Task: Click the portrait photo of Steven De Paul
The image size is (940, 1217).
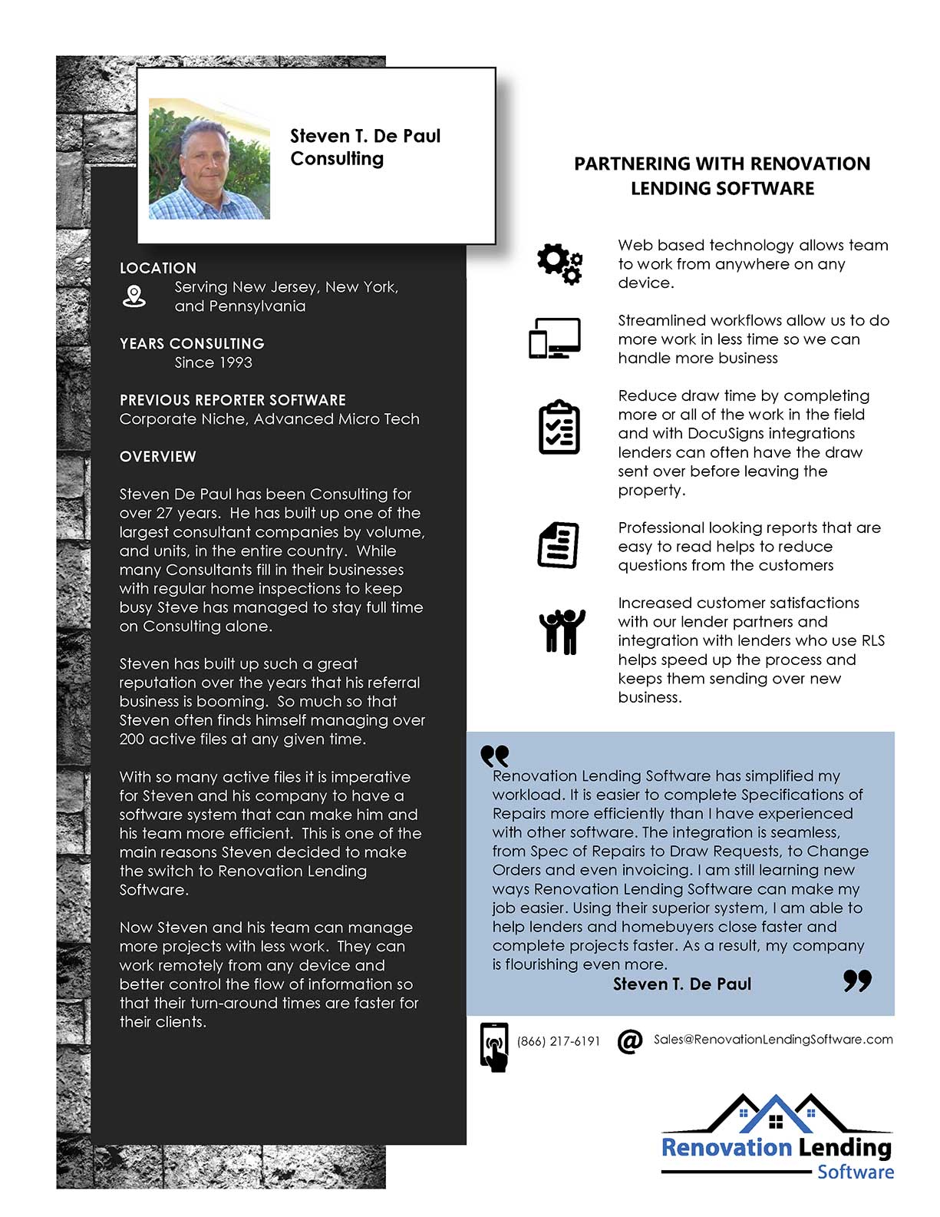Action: [209, 159]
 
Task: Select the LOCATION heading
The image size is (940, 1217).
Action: [158, 268]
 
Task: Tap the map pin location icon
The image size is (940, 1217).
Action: [134, 296]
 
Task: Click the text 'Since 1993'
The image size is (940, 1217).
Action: [213, 362]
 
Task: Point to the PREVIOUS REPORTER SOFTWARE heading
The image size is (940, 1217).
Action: [233, 400]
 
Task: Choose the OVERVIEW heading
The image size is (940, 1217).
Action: [158, 456]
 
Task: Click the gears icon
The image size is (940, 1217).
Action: [559, 264]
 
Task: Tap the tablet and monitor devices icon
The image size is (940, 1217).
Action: [554, 339]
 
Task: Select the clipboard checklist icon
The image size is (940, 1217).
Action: [559, 427]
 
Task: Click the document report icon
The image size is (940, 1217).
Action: [558, 545]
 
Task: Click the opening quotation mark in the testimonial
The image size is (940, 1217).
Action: [495, 756]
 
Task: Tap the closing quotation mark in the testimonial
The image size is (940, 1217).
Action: [857, 981]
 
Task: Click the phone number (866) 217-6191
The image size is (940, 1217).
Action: [559, 1041]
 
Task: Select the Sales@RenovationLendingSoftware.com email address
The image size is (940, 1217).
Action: [773, 1039]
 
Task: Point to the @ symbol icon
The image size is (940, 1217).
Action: [630, 1041]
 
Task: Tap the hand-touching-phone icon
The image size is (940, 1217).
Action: [494, 1047]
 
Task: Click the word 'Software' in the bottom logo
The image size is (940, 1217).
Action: [856, 1172]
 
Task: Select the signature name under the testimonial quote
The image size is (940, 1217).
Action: [682, 984]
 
